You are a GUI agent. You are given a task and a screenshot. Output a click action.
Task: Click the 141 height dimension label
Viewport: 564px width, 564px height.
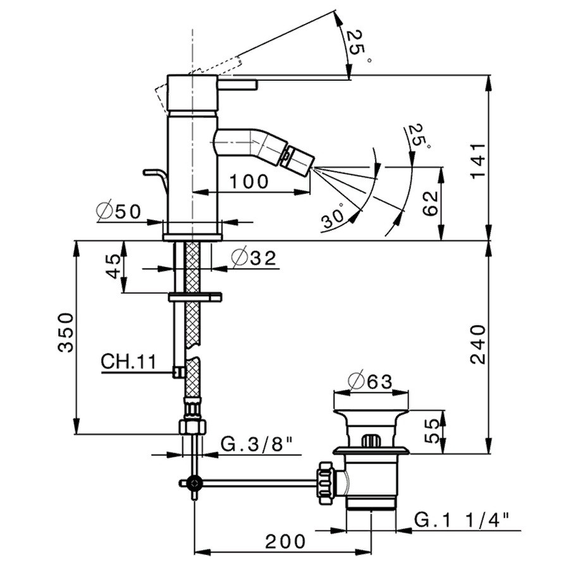(x=479, y=161)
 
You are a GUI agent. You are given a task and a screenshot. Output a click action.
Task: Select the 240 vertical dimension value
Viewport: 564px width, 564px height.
(x=479, y=345)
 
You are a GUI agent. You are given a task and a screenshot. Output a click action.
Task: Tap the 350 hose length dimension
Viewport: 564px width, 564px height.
(x=66, y=332)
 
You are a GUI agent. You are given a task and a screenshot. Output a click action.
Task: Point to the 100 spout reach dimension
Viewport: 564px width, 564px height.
(x=249, y=181)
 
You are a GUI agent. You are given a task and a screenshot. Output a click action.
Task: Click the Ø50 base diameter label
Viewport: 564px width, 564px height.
(x=119, y=212)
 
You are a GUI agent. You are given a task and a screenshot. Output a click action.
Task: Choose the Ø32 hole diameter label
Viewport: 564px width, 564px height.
(x=254, y=257)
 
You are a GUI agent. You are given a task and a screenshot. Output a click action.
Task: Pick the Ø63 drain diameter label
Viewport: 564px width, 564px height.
(x=371, y=381)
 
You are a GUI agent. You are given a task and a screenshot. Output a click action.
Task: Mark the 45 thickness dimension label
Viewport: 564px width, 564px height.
(x=115, y=266)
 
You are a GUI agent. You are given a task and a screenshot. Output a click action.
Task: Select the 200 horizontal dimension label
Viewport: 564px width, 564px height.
(x=285, y=541)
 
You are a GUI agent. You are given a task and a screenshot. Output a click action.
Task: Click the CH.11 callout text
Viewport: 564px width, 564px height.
(x=129, y=361)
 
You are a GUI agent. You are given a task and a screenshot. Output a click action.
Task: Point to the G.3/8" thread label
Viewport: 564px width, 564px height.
(x=255, y=445)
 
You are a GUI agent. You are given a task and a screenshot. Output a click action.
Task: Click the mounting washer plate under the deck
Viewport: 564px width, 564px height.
(x=195, y=297)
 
